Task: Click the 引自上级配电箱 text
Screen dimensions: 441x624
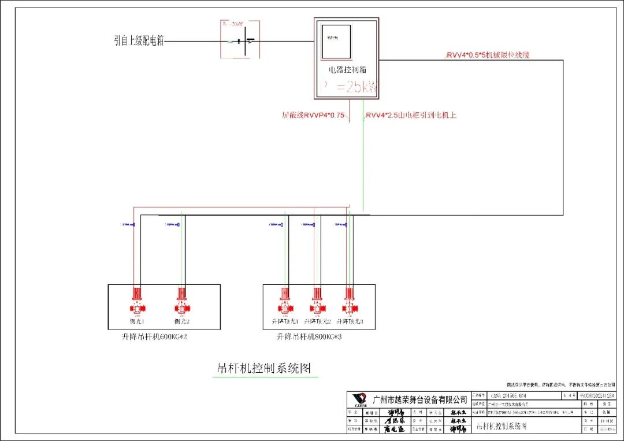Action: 139,40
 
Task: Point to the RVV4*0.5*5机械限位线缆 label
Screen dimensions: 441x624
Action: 488,55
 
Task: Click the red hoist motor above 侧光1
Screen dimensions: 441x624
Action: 136,300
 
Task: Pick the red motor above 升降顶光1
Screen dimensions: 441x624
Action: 285,300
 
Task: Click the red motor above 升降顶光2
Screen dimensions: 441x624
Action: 316,300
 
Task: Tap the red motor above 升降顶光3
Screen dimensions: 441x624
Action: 348,300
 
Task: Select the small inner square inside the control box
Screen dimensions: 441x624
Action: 336,42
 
